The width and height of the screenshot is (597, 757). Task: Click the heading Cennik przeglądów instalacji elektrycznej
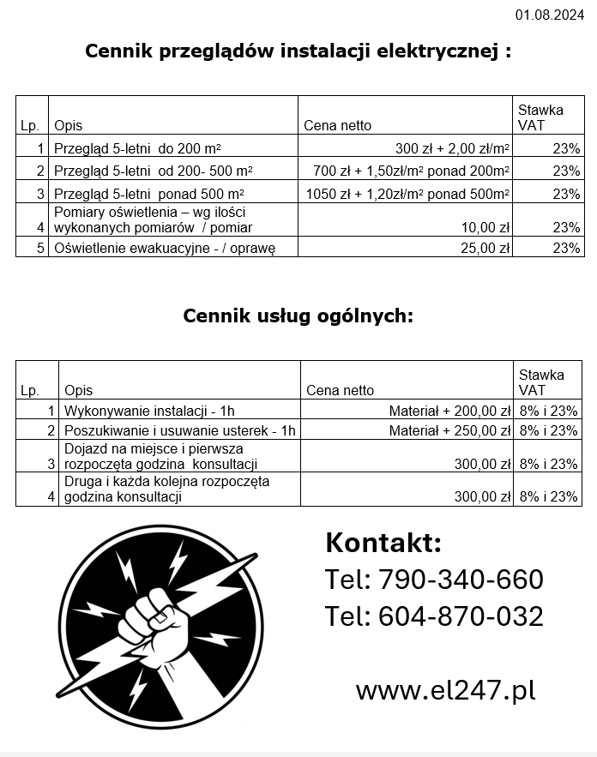[x=298, y=51]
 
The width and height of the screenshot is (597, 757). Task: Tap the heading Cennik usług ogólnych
[x=298, y=315]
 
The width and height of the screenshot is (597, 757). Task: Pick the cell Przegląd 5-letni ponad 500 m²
[x=148, y=193]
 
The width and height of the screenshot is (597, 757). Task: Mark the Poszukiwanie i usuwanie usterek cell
[x=180, y=430]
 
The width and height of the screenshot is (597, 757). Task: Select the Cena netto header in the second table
[x=341, y=390]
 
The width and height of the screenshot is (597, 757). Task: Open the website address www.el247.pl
[x=445, y=690]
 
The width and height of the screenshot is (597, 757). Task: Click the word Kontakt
[x=383, y=543]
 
